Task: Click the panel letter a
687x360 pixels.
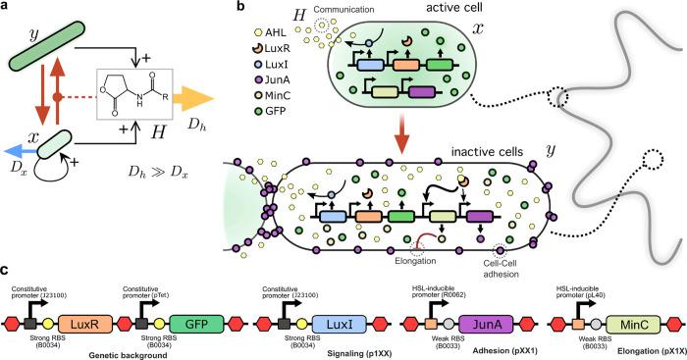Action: click(x=7, y=9)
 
